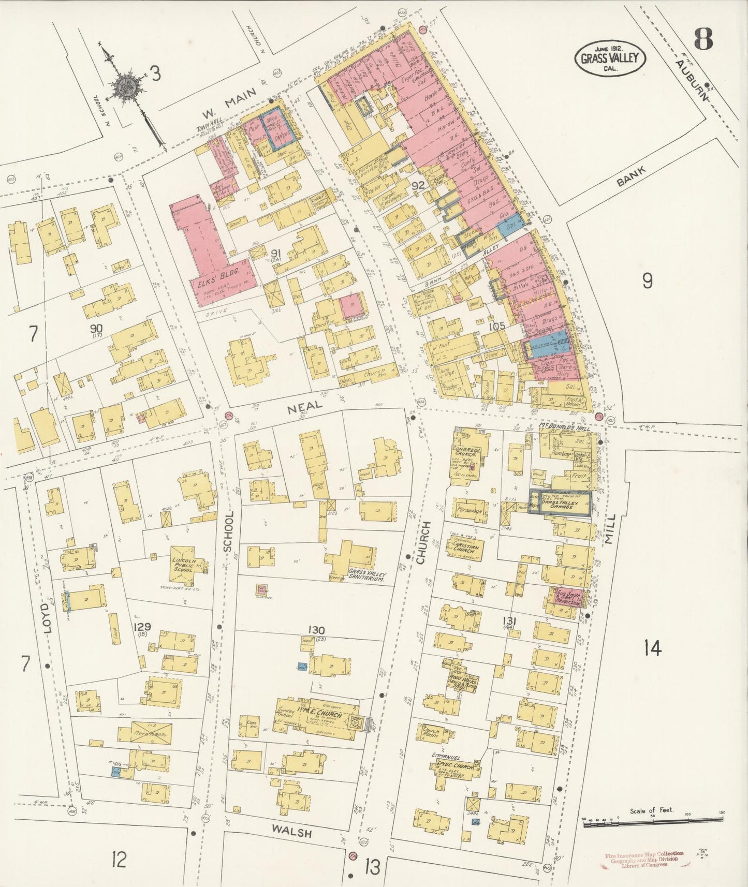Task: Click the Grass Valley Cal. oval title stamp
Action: click(x=610, y=58)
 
